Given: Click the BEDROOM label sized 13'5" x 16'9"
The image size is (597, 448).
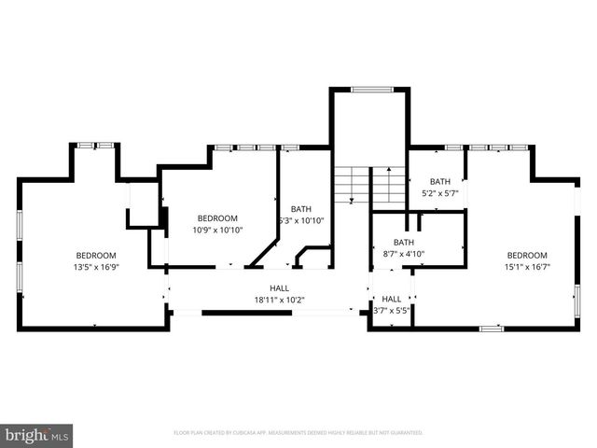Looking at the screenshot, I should click(x=96, y=256).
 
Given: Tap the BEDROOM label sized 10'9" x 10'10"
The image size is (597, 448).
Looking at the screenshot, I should click(x=217, y=217).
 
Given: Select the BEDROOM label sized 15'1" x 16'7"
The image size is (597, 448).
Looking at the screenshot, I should click(x=527, y=256).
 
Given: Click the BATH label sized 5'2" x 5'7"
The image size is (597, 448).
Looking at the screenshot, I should click(x=440, y=181).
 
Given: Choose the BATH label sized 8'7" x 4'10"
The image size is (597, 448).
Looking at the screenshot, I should click(x=404, y=242).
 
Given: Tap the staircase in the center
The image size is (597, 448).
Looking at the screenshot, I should click(x=369, y=184).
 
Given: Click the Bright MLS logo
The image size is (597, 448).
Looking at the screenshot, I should click(x=37, y=435).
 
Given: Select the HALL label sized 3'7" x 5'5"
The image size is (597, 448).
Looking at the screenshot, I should click(x=392, y=299).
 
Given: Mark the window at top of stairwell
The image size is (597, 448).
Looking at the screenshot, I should click(x=371, y=90).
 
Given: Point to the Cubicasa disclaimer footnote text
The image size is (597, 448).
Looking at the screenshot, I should click(x=298, y=433).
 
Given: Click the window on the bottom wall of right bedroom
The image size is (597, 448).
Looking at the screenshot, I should click(x=491, y=328).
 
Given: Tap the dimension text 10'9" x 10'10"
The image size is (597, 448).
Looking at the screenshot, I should click(x=217, y=230).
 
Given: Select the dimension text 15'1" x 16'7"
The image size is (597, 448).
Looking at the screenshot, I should click(x=527, y=267).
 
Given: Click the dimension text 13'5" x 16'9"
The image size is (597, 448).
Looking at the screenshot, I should click(x=96, y=267).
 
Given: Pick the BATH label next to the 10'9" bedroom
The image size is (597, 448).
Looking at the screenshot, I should click(x=300, y=209).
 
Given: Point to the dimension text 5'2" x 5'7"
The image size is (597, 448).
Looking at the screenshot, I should click(x=440, y=193).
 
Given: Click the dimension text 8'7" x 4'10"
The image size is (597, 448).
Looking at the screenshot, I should click(x=404, y=254).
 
